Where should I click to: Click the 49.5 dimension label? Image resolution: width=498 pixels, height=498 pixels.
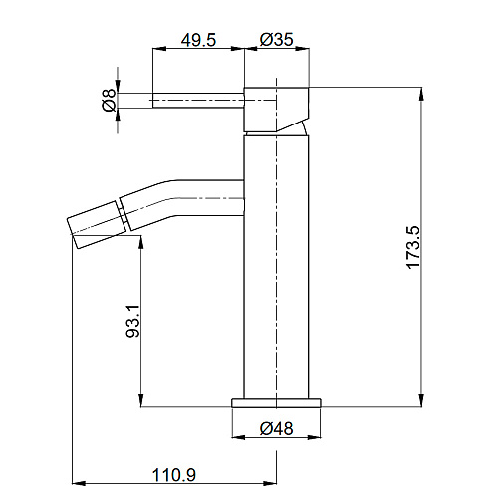click(x=198, y=40)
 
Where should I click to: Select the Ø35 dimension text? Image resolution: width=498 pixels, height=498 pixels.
click(x=277, y=39)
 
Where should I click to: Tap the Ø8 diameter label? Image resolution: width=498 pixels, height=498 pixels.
click(x=109, y=100)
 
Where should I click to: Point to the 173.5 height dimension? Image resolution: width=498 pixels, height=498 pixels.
click(x=413, y=247)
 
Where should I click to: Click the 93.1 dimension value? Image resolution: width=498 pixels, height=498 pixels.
click(x=133, y=321)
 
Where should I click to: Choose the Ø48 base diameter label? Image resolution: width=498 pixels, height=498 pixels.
click(x=276, y=428)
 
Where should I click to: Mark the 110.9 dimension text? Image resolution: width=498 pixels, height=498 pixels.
click(x=174, y=475)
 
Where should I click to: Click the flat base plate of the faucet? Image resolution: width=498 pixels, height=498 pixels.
click(x=276, y=402)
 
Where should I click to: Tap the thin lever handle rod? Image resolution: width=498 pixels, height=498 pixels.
click(x=198, y=100)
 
